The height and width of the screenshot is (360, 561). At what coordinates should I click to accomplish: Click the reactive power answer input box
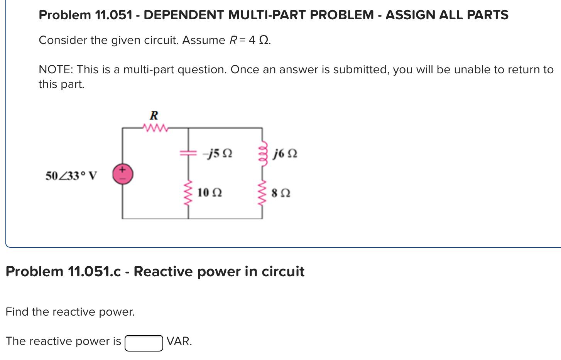point(144,343)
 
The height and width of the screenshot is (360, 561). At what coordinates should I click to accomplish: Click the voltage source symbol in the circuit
point(122,174)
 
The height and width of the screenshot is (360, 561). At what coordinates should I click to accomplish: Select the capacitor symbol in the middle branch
point(188,153)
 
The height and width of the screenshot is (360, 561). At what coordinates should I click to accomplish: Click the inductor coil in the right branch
point(263,154)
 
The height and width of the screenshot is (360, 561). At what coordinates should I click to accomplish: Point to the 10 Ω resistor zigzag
point(188,193)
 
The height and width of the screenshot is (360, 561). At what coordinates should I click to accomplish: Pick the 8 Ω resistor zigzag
point(263,193)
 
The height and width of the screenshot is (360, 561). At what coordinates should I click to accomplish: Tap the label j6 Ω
point(285,154)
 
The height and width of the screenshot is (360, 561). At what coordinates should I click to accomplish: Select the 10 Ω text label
point(210,193)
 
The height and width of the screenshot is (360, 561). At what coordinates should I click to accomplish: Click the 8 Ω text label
point(281,193)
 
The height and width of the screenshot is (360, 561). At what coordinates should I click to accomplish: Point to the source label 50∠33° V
point(71,176)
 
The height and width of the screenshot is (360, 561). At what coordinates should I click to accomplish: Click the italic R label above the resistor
point(154,115)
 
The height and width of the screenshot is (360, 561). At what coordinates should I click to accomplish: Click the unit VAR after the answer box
point(179,341)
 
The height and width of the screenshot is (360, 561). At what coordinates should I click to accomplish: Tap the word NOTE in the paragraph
point(56,70)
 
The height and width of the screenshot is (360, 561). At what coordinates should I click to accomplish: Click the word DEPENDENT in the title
point(184,15)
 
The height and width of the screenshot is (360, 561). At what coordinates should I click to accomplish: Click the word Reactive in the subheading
point(163,272)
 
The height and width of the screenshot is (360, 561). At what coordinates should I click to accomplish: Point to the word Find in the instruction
point(17,312)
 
